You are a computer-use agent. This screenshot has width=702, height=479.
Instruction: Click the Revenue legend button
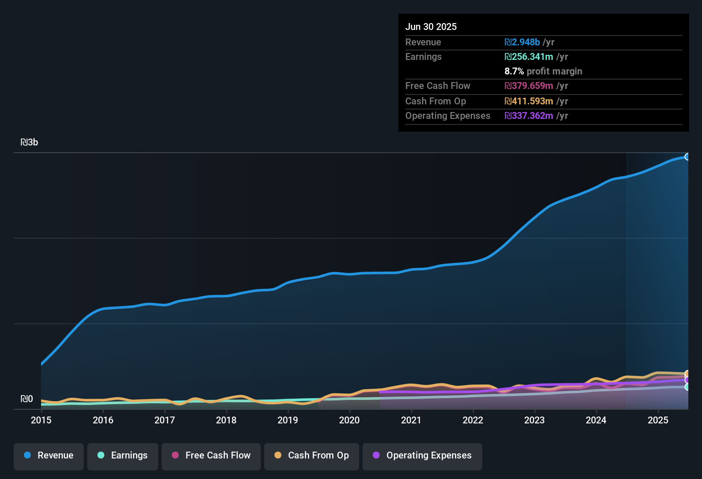click(49, 455)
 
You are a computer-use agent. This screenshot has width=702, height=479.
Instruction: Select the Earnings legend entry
click(123, 455)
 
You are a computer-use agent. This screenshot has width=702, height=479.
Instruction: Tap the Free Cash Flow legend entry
click(211, 455)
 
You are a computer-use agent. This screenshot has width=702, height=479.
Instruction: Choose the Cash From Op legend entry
click(312, 455)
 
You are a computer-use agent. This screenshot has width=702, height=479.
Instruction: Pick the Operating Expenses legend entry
click(422, 455)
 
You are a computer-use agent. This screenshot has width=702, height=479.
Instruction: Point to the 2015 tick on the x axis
click(41, 420)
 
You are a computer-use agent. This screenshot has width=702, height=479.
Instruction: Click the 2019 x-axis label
click(288, 420)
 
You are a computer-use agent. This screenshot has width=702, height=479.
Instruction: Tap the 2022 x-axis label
click(473, 420)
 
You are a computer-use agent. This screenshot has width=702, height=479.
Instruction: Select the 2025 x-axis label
click(658, 420)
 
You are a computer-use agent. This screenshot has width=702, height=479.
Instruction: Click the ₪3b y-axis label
click(29, 142)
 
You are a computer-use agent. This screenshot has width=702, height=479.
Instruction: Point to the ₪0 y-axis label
click(27, 399)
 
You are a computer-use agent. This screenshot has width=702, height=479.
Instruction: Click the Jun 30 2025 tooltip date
click(431, 27)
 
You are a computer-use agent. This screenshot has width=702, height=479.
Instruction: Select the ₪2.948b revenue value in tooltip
click(522, 42)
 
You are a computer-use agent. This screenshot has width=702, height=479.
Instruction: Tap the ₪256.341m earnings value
click(529, 56)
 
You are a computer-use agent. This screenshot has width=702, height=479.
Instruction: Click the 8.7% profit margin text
click(543, 71)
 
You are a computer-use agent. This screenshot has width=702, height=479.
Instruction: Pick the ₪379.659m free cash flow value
click(529, 86)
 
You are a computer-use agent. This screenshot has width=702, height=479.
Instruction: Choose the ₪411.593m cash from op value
click(529, 101)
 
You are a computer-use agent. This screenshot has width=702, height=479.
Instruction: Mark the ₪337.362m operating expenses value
click(529, 115)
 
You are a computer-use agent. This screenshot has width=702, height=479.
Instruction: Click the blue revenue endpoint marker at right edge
click(687, 157)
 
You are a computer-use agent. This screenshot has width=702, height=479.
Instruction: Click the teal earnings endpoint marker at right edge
click(687, 387)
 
